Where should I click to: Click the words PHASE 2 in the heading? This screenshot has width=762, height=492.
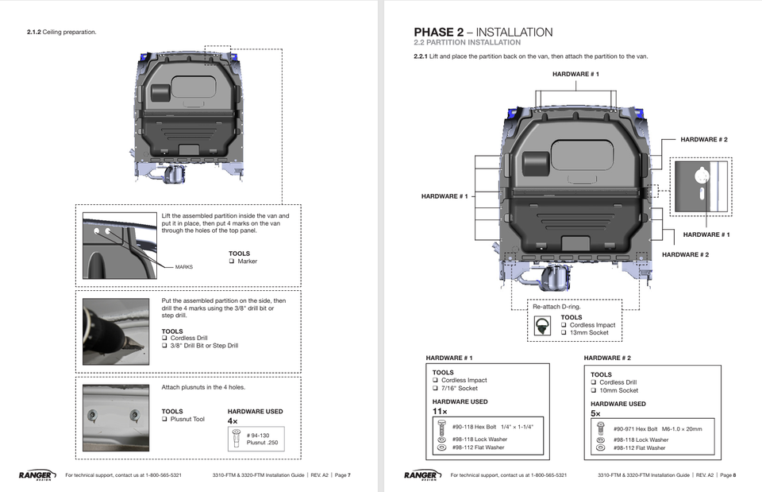438,32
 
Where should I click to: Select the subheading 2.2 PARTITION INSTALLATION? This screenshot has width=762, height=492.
467,43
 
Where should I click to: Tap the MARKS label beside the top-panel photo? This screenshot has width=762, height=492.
184,267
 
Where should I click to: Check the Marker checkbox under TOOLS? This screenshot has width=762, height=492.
232,261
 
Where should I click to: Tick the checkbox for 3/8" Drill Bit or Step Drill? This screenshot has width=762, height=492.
165,346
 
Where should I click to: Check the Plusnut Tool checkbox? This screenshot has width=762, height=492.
165,419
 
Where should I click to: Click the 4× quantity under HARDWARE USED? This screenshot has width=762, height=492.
233,421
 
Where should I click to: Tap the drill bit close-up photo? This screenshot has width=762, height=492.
116,331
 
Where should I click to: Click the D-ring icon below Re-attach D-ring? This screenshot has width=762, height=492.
543,325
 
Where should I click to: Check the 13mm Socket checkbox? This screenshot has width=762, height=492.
564,333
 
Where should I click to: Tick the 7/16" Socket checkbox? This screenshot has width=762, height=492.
436,389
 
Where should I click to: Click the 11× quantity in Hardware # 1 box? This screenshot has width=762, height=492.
440,412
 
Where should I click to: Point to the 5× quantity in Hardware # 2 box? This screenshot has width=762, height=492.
595,414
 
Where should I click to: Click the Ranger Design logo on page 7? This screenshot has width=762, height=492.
37,475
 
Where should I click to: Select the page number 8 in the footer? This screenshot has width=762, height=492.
733,475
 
